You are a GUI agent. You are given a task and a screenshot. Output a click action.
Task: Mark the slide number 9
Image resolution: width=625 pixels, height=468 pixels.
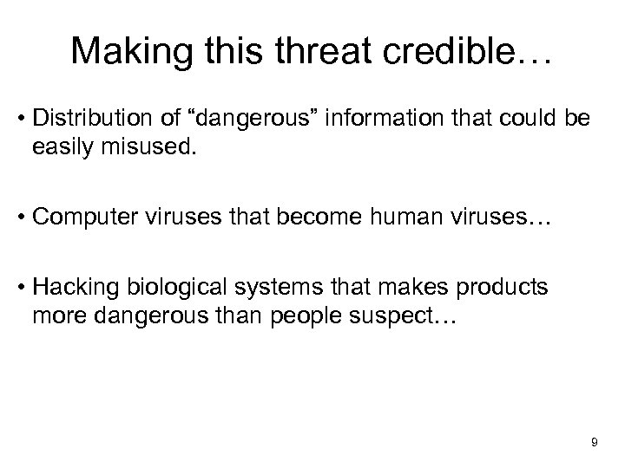tap(594, 443)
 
